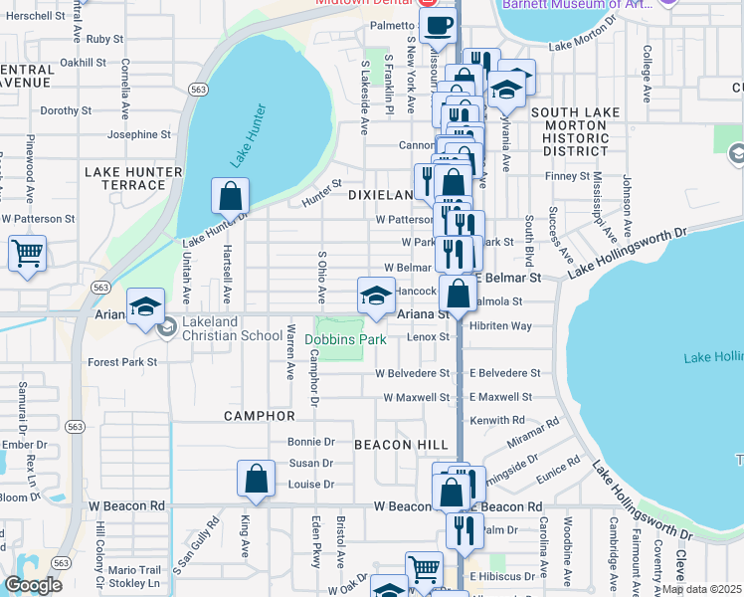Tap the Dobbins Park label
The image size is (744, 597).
pyautogui.click(x=344, y=339)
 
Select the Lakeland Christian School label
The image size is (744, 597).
pyautogui.click(x=234, y=335)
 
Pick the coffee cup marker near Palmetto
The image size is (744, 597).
pyautogui.click(x=438, y=25)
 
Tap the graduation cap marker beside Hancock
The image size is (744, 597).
pyautogui.click(x=376, y=296)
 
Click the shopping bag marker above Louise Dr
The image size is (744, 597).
pyautogui.click(x=256, y=478)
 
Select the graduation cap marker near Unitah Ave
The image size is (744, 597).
pyautogui.click(x=145, y=305)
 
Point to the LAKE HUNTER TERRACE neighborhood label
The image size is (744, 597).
pyautogui.click(x=133, y=178)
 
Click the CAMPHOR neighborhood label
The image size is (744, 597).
pyautogui.click(x=260, y=415)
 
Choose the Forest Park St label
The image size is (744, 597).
pyautogui.click(x=122, y=362)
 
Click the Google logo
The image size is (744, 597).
pyautogui.click(x=33, y=584)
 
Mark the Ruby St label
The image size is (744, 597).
pyautogui.click(x=104, y=39)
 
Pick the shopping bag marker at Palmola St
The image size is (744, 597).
pyautogui.click(x=459, y=294)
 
